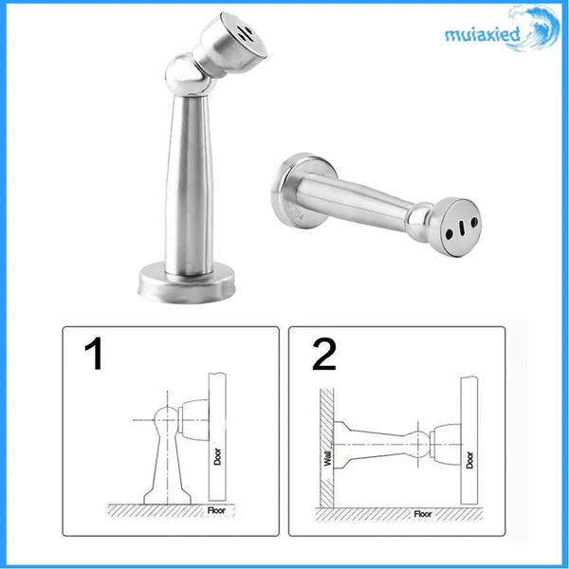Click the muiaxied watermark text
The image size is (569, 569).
click(x=483, y=35)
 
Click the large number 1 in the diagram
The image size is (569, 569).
click(x=94, y=354)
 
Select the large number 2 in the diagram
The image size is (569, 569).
click(x=324, y=354)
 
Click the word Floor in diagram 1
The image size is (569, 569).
click(x=216, y=510)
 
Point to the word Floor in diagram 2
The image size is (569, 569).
click(x=423, y=514)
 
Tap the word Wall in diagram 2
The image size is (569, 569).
click(x=328, y=458)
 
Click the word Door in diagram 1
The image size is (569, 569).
click(x=217, y=456)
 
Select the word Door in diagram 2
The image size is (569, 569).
click(x=469, y=460)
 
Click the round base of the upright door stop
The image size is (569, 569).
click(x=186, y=283)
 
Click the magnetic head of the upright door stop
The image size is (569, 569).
click(x=232, y=43)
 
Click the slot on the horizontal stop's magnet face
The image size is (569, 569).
click(x=461, y=229)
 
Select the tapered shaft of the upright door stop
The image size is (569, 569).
click(x=189, y=184)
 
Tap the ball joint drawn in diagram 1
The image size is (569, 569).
click(x=167, y=420)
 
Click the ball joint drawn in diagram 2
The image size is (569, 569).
click(x=418, y=444)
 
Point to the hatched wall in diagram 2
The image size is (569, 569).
click(x=326, y=449)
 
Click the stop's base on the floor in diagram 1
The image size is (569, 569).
click(x=167, y=496)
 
